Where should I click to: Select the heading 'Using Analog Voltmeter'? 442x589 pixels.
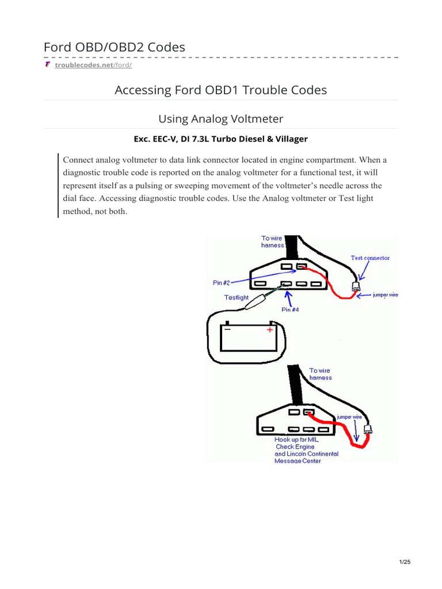[x=221, y=118]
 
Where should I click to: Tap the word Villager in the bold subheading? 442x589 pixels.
[x=290, y=139]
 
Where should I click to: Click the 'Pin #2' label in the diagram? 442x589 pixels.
[x=222, y=282]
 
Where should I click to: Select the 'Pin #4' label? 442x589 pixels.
[x=289, y=309]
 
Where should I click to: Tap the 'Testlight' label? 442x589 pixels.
[x=237, y=297]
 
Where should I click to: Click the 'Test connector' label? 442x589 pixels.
[x=370, y=258]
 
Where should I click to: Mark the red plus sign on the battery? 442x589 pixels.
[x=269, y=330]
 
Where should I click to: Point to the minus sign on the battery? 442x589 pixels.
[x=227, y=330]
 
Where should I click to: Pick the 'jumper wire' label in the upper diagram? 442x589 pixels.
[x=385, y=294]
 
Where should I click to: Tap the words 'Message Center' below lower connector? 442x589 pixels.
[x=298, y=461]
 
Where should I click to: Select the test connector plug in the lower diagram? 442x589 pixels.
[x=368, y=429]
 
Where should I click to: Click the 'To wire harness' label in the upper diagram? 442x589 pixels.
[x=273, y=242]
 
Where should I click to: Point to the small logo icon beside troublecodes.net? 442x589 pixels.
[x=47, y=64]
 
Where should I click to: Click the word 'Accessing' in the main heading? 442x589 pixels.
[x=143, y=90]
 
